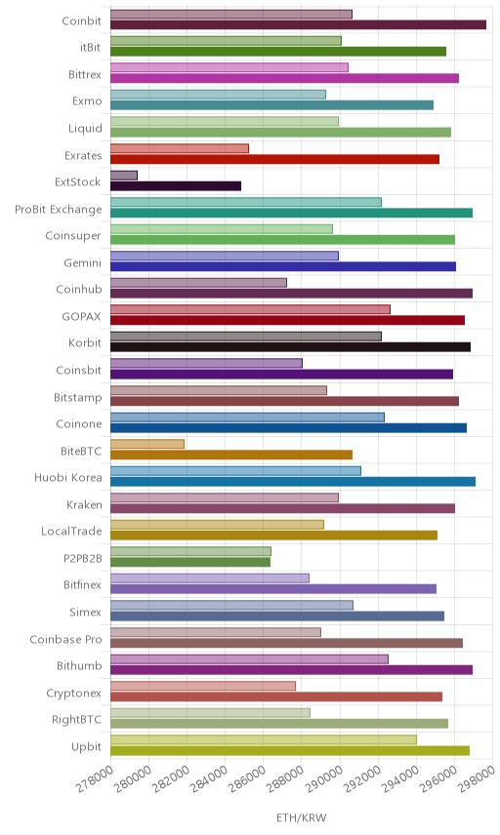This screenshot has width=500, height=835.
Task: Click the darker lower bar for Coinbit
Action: point(298,24)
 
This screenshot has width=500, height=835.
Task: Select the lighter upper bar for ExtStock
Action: point(124,176)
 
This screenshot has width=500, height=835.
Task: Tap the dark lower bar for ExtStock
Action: point(176,186)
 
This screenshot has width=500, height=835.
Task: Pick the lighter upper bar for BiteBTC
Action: point(147,444)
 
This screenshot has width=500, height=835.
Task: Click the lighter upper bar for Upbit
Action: point(264,739)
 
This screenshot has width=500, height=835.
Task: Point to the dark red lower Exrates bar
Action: point(274,159)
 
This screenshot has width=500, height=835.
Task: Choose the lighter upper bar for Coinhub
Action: point(198,282)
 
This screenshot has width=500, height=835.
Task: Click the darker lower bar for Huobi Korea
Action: point(293,482)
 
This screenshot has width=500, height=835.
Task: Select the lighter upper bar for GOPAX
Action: point(250,309)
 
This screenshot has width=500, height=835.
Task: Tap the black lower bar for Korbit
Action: point(290,346)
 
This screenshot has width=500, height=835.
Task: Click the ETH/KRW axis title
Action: point(301,818)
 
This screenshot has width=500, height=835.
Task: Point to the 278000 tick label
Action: point(95,779)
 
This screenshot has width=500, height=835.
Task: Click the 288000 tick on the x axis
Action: point(285,779)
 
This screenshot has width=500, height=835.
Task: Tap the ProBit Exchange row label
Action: point(58,210)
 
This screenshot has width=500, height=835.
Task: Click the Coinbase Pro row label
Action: point(65,639)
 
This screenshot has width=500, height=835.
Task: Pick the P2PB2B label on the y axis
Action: point(83,558)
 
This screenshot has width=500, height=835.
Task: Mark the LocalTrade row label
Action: point(71,531)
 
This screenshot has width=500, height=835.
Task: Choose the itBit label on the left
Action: point(90,47)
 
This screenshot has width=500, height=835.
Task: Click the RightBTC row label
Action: point(77,720)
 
